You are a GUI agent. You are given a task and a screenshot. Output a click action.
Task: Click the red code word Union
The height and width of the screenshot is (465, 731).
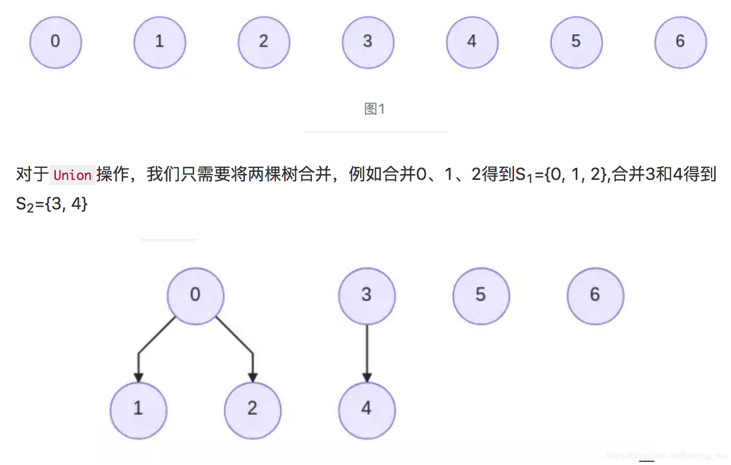click(72, 175)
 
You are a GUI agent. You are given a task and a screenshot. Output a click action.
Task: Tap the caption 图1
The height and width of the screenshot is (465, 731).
click(374, 109)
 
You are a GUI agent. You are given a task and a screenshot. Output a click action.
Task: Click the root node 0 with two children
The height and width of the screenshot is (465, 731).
click(195, 296)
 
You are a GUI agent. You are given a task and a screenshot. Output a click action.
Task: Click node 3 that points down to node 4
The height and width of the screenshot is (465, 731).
click(367, 296)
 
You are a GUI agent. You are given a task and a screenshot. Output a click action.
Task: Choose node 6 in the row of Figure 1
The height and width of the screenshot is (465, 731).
click(680, 42)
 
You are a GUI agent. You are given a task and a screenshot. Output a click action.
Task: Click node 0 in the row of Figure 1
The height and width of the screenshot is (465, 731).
click(56, 42)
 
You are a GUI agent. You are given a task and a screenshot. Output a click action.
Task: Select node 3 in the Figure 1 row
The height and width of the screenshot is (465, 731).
click(368, 42)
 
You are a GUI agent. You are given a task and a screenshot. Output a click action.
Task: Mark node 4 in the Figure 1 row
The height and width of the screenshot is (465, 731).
click(472, 42)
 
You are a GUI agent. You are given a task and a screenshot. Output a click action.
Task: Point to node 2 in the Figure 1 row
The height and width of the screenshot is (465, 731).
click(264, 42)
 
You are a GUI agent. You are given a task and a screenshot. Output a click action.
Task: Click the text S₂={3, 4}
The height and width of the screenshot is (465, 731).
click(52, 204)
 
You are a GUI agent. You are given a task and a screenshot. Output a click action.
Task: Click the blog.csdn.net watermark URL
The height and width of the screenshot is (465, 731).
click(666, 456)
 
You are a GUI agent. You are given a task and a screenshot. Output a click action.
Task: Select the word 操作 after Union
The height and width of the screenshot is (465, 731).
click(113, 174)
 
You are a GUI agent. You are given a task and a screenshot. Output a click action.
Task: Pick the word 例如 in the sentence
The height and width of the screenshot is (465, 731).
click(365, 174)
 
